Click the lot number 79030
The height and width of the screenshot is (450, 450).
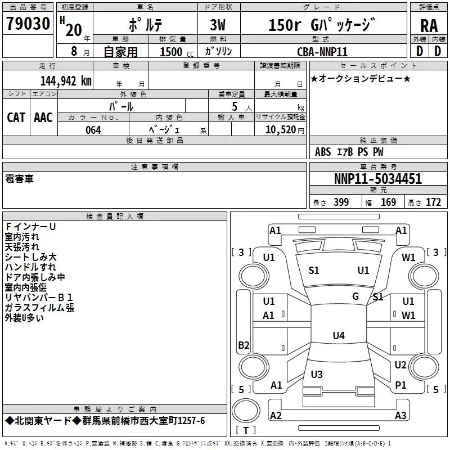pos(28,24)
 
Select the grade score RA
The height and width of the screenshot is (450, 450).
pos(429,26)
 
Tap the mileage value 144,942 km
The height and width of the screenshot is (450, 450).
pos(66,81)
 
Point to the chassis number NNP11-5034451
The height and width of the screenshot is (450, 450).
pos(378,179)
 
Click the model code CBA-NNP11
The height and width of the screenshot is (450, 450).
pos(322,52)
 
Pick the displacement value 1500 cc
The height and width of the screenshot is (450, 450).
pos(177,52)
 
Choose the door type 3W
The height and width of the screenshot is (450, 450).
pos(218,25)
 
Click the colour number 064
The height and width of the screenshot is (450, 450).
pos(93,130)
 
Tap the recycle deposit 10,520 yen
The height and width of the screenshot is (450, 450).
pos(285,130)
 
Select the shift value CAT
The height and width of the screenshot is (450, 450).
pos(16,118)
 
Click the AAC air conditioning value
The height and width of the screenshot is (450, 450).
pos(43,118)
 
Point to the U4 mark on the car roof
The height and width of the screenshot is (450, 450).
pos(339,335)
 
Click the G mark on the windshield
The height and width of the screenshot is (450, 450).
pos(355,296)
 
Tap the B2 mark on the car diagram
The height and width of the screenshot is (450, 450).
pos(244,345)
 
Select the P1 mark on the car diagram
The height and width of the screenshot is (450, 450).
pos(400,385)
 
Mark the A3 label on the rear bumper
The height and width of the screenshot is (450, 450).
pos(400,415)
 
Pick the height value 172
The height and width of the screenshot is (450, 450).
pos(433,202)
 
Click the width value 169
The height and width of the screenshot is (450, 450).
pos(388,202)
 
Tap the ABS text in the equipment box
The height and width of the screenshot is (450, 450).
pos(323,152)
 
